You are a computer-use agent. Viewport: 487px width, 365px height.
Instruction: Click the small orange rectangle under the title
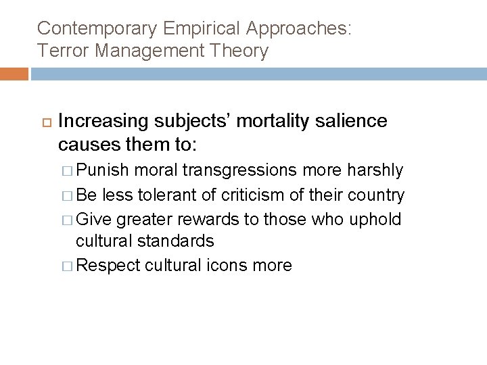tap(14, 74)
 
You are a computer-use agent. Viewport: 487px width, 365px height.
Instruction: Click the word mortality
tap(266, 121)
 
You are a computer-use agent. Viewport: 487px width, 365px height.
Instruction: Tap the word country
tap(376, 195)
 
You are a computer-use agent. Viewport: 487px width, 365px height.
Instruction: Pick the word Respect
tap(109, 266)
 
